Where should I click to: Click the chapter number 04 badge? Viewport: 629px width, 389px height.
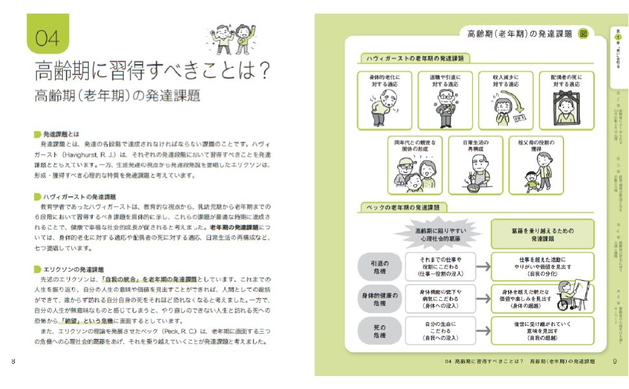[x=47, y=38]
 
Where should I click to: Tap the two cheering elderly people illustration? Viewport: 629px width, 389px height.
[x=231, y=40]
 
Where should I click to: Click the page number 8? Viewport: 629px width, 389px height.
[x=14, y=361]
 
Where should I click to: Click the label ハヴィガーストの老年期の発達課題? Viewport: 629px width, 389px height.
[x=415, y=58]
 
